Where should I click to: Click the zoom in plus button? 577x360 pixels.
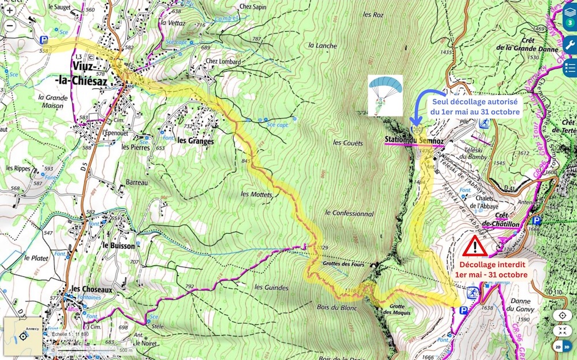click(10, 10)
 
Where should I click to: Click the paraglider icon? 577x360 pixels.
click(385, 94)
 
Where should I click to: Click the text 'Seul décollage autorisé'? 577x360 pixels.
click(476, 102)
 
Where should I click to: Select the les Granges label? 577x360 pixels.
click(196, 141)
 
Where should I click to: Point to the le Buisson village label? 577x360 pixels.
click(118, 245)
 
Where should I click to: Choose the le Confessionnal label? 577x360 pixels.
click(349, 213)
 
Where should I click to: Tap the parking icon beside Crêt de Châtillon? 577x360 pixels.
click(537, 221)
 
